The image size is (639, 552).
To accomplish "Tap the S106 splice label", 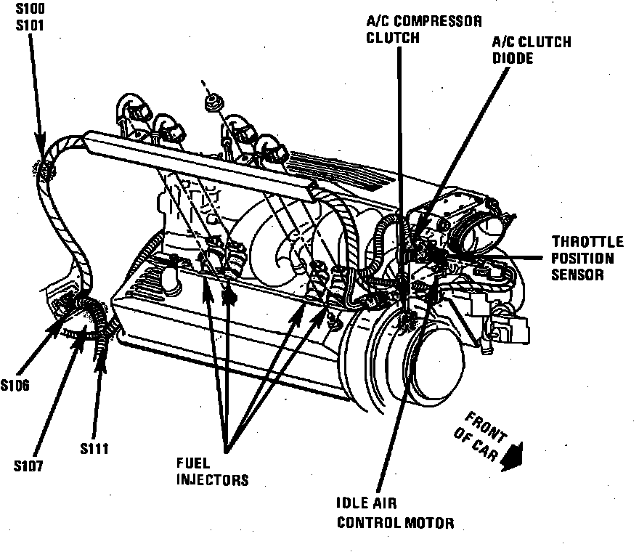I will pos(15,385).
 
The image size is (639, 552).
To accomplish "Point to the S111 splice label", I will pos(95,448).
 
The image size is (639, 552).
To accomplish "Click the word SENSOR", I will pos(577,275).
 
